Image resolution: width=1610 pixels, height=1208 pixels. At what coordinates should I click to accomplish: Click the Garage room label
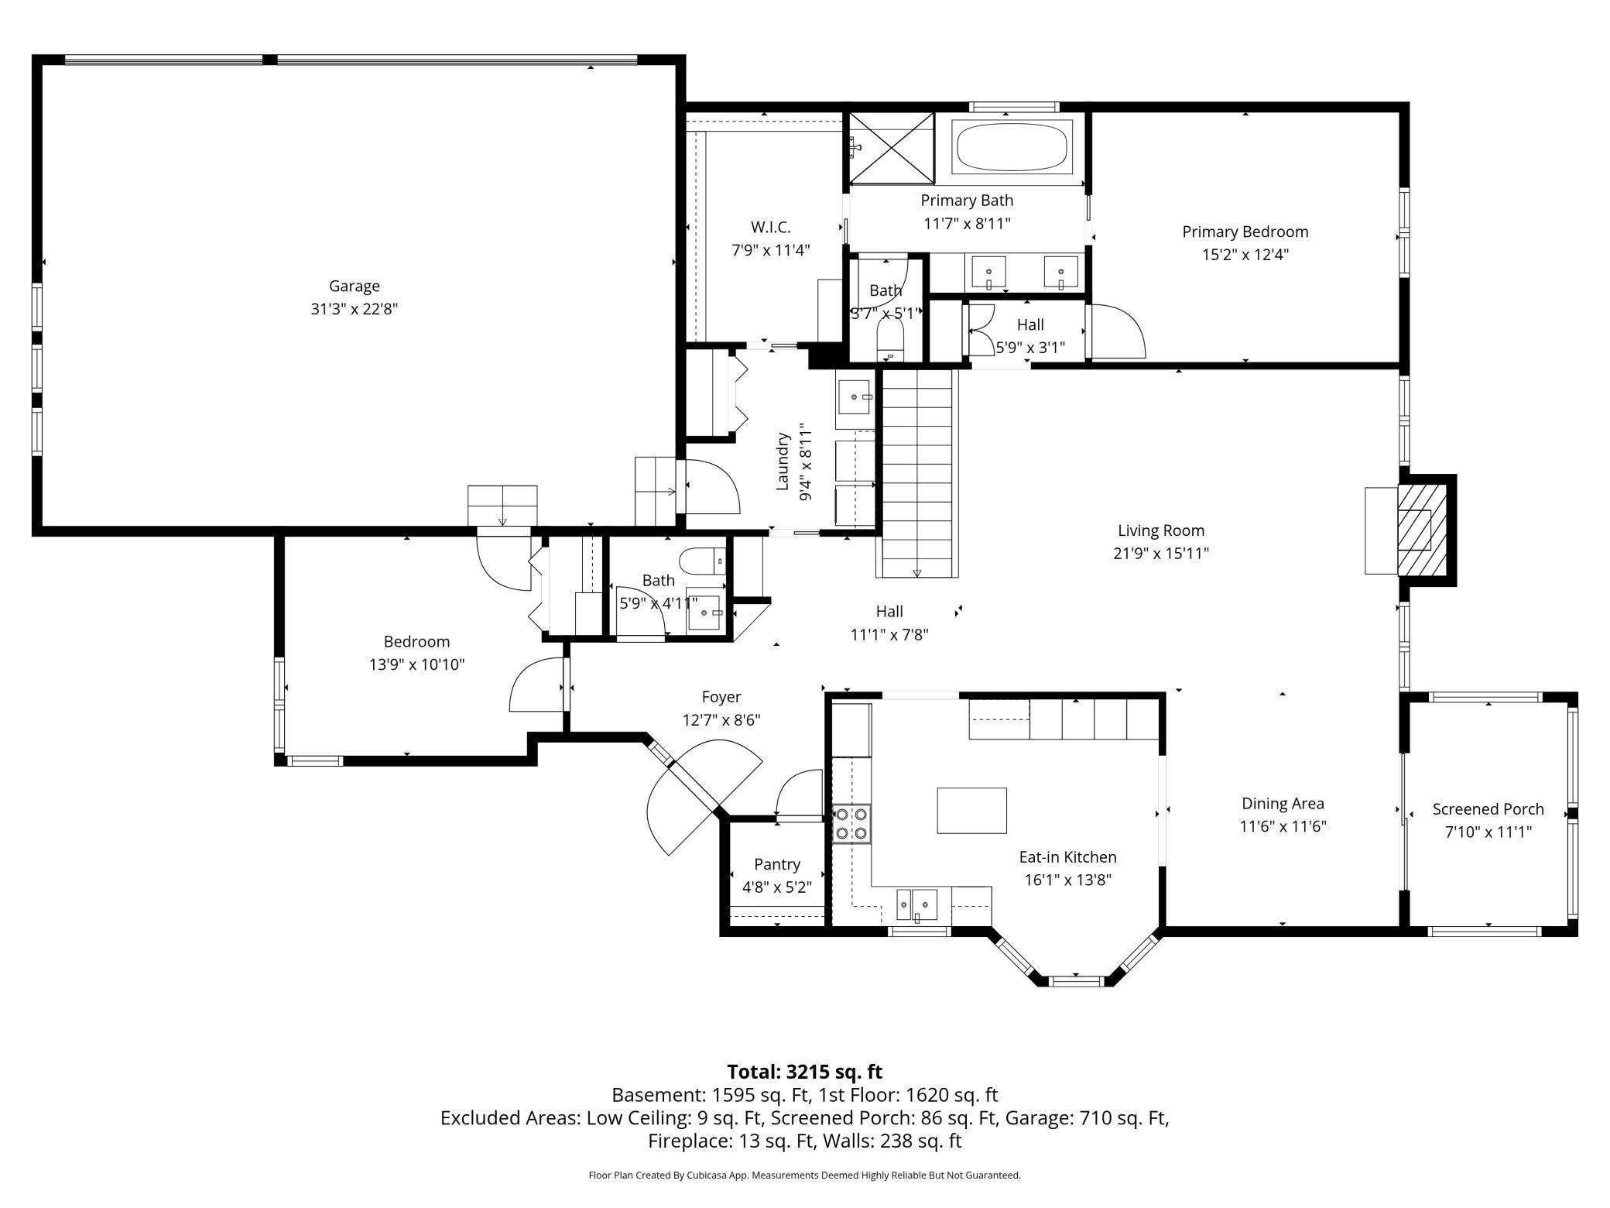[354, 287]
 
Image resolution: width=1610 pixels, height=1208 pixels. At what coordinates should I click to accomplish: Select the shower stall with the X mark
[892, 148]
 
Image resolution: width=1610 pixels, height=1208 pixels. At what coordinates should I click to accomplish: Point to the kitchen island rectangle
[971, 810]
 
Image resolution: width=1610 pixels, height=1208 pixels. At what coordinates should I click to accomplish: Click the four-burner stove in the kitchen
[851, 824]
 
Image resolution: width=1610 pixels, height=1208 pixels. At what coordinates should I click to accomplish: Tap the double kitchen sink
[916, 904]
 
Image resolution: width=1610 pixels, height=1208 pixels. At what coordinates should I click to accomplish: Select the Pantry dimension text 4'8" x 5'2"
[776, 887]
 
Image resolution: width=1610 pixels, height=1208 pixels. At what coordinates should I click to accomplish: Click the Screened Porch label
[1487, 809]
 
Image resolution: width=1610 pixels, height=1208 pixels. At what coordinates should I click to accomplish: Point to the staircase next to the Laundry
[917, 472]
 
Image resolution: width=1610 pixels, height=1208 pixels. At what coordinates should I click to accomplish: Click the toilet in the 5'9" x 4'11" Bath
[702, 561]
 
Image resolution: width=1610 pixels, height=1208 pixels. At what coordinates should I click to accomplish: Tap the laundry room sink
[855, 398]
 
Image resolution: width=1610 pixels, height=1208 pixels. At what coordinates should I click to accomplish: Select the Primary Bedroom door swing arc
[1116, 331]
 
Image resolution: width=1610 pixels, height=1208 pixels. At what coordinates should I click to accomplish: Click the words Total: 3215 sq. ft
[804, 1072]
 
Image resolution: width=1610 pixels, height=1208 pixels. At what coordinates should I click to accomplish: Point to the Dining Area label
[1282, 804]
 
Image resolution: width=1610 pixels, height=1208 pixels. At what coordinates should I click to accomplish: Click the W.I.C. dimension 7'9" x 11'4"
[770, 250]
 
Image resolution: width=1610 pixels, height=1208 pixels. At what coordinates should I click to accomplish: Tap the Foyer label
[721, 697]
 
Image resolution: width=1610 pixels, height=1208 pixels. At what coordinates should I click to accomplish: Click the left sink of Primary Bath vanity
[988, 272]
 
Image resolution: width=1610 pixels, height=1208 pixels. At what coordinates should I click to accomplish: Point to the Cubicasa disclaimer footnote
[804, 1175]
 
